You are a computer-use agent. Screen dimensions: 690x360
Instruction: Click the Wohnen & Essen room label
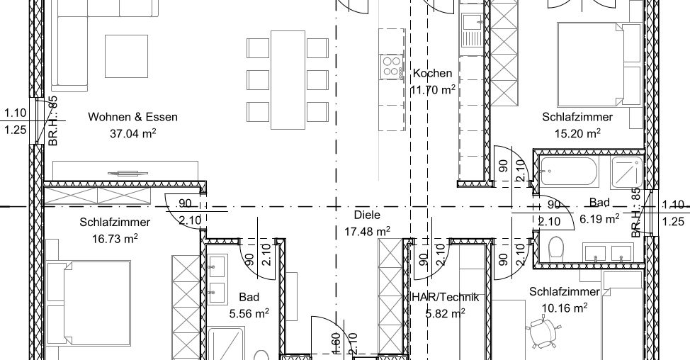pos(133,117)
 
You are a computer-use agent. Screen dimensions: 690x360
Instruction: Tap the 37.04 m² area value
pos(133,133)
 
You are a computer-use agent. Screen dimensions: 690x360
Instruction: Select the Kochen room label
pos(432,73)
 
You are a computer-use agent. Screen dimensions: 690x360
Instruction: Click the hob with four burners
pos(392,67)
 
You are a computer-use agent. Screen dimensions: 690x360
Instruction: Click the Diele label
pos(367,215)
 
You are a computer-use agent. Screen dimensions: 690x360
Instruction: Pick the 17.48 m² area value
pos(367,231)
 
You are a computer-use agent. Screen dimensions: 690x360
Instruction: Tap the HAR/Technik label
pos(445,297)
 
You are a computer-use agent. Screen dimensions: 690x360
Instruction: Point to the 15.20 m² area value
pos(577,133)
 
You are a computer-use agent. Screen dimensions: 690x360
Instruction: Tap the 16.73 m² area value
pos(115,239)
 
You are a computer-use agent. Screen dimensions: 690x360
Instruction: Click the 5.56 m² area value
pos(249,313)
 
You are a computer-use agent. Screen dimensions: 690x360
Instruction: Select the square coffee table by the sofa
pos(126,56)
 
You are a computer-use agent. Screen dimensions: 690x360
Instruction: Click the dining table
pos(288,79)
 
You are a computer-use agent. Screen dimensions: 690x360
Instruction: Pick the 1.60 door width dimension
pos(335,343)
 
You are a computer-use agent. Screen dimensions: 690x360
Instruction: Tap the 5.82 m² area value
pos(446,313)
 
